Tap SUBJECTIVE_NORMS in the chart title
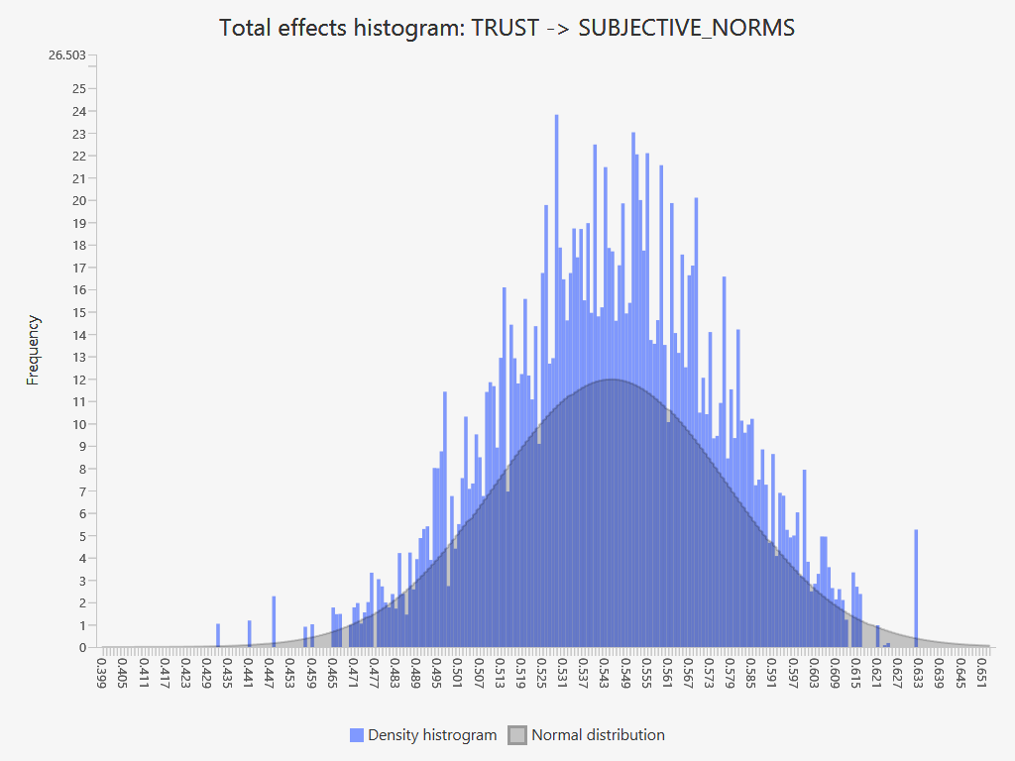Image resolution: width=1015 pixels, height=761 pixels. [x=686, y=28]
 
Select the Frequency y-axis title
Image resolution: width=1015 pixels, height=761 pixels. [x=34, y=350]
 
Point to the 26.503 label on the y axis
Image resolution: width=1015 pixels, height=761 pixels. [x=67, y=54]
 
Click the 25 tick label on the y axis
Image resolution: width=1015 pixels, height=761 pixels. [x=79, y=88]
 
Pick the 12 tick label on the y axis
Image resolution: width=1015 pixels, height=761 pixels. [x=79, y=380]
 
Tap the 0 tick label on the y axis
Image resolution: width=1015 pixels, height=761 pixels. [x=83, y=648]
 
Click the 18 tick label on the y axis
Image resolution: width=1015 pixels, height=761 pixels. [x=79, y=245]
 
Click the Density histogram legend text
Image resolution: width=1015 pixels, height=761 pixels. [x=432, y=735]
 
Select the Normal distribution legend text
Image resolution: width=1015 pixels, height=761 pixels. [x=598, y=735]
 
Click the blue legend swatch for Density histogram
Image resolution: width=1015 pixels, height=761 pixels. [x=357, y=735]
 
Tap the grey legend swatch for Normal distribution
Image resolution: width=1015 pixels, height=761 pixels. [x=517, y=735]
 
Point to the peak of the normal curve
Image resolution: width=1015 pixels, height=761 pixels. [x=612, y=380]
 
